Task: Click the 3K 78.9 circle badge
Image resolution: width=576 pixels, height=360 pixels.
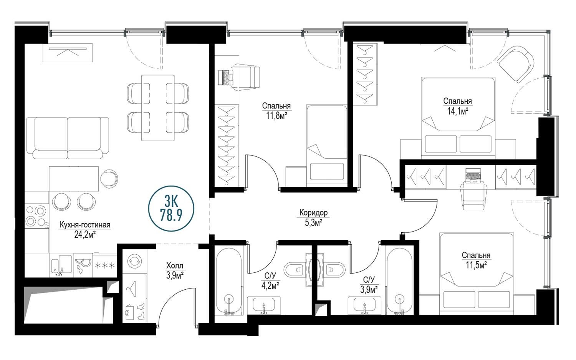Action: pos(171,209)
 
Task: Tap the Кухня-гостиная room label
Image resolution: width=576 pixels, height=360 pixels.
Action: pos(85,225)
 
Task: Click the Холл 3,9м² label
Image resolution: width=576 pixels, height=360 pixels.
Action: pos(175,270)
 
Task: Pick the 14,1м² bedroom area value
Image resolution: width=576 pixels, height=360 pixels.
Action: pos(457,111)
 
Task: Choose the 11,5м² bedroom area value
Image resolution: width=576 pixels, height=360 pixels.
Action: pos(476,265)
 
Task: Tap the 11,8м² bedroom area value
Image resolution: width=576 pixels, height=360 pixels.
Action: pos(276,116)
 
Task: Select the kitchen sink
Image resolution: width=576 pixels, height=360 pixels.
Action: pos(61,265)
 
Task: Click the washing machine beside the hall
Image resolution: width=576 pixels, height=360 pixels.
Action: pos(135,261)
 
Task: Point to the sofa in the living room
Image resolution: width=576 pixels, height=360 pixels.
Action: pos(68,138)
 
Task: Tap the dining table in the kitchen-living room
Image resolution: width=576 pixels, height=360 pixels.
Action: pos(158,108)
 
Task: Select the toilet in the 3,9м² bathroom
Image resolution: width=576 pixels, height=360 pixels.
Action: pos(334,270)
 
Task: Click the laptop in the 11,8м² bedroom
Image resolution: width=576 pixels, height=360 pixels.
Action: pos(225,77)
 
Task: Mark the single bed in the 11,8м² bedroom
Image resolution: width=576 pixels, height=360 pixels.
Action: pos(327,145)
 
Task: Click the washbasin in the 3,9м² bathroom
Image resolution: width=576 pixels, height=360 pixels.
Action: pos(364,305)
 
